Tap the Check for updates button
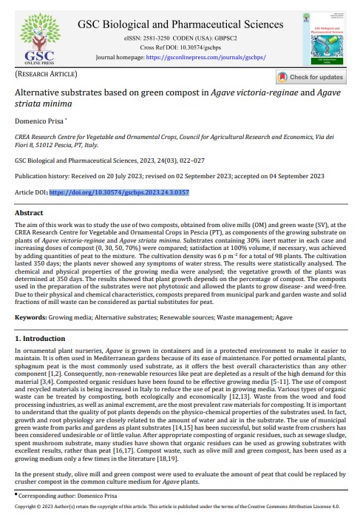click(310, 77)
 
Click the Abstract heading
click(30, 212)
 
